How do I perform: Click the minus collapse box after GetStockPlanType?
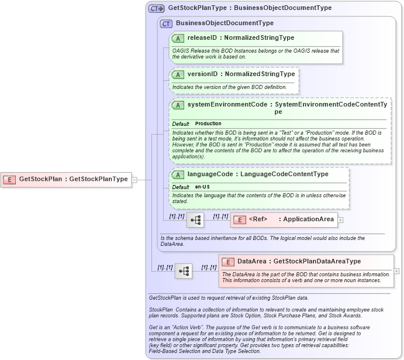point(134,180)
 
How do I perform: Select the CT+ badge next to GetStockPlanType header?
point(157,8)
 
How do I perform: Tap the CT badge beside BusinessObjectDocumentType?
point(167,23)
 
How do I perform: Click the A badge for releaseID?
point(178,38)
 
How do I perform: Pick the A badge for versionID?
point(178,75)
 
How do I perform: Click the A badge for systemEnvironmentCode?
point(178,105)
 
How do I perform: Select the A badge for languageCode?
point(178,174)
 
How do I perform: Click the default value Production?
point(208,124)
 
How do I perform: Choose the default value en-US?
point(203,187)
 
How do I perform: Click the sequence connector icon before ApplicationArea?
point(195,220)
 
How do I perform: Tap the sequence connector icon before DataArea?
point(184,271)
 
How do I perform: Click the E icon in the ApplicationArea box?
point(240,220)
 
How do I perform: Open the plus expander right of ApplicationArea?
point(340,220)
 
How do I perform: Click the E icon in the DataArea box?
point(228,262)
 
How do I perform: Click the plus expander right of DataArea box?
point(397,271)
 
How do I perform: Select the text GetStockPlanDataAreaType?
point(317,262)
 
